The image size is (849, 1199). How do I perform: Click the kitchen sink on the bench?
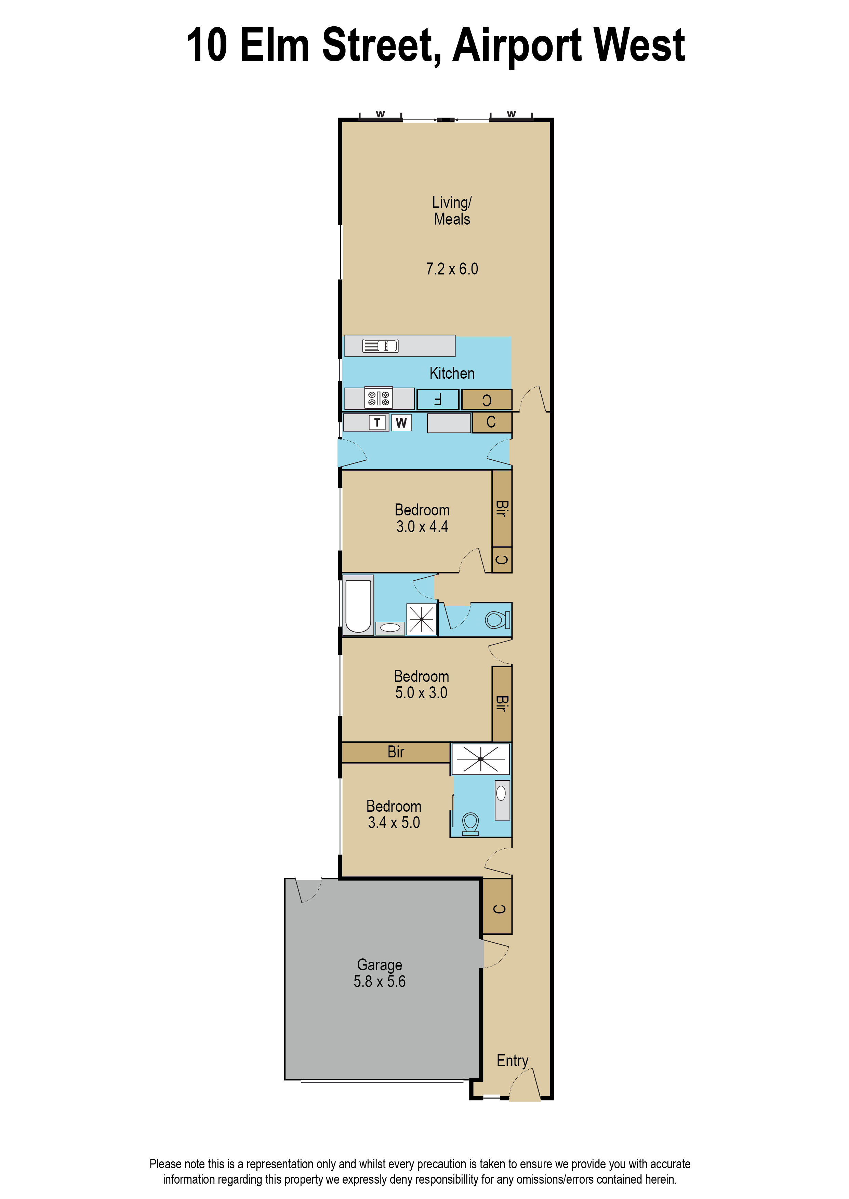[x=380, y=345]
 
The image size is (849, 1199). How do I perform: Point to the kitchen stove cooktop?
[x=379, y=399]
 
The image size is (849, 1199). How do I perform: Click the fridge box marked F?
[x=438, y=400]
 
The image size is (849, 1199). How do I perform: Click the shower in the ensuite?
[x=480, y=759]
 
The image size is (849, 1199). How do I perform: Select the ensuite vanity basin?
[x=502, y=800]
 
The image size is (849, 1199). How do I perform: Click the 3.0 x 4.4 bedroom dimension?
[x=422, y=527]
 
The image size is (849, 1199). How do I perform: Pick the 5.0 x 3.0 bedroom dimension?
[x=421, y=693]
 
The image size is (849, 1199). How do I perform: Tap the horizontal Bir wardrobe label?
[x=396, y=752]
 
